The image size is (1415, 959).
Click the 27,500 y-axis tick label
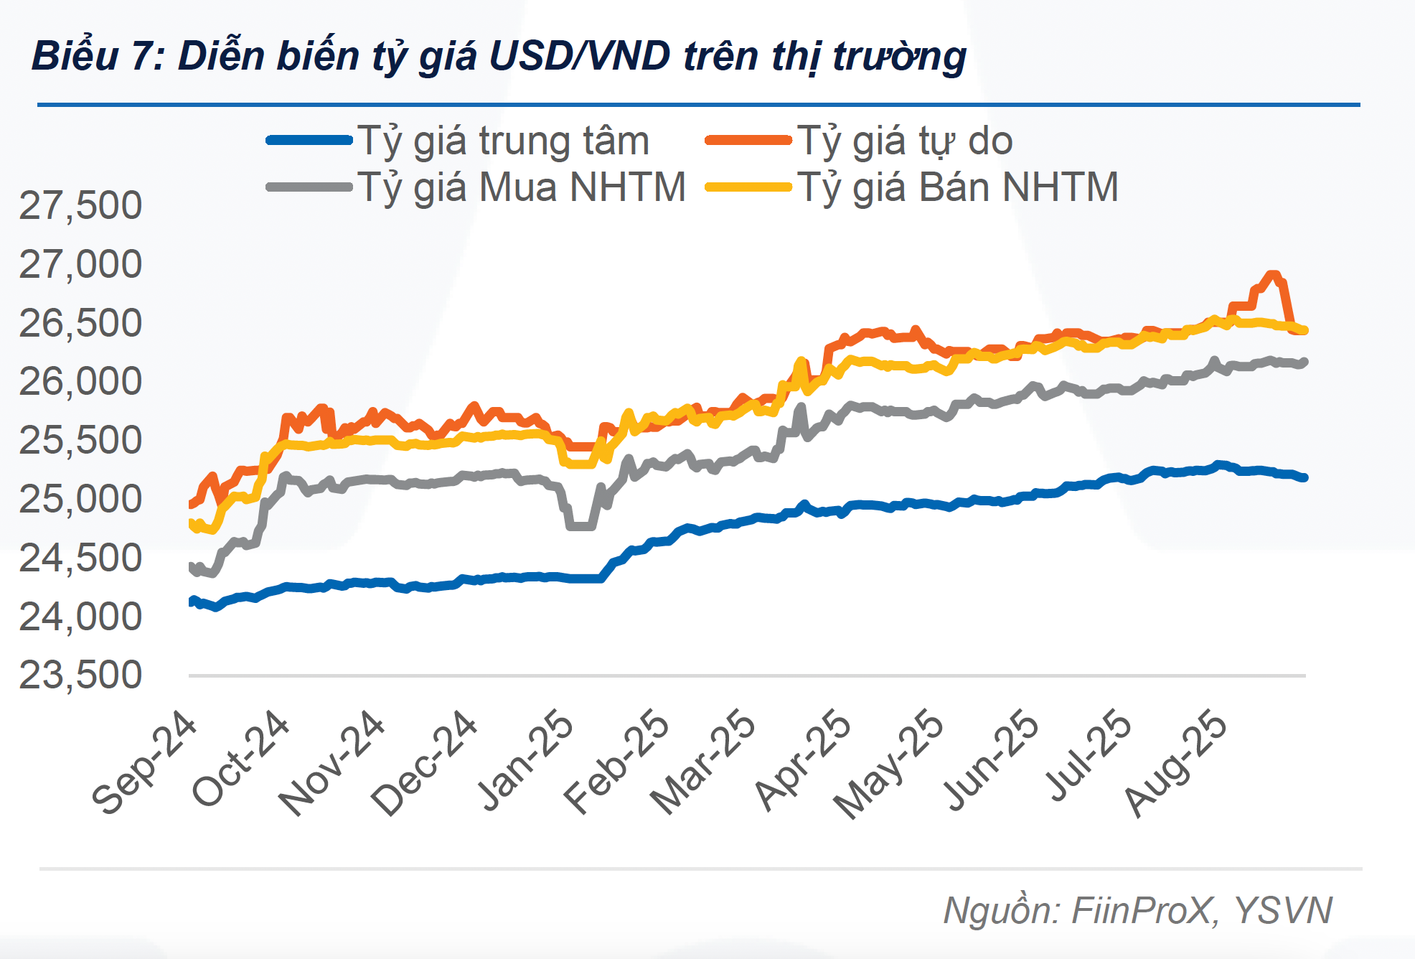click(x=80, y=205)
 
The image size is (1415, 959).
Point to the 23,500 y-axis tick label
click(x=80, y=675)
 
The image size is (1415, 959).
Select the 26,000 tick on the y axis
click(x=80, y=381)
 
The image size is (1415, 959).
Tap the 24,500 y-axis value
click(x=80, y=558)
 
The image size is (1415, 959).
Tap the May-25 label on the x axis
click(x=890, y=764)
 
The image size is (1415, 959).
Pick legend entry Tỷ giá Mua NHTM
click(x=522, y=187)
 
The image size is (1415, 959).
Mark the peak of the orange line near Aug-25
click(x=1273, y=275)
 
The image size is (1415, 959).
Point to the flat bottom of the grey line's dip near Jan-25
click(x=580, y=526)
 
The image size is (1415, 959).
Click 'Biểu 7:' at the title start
click(x=98, y=56)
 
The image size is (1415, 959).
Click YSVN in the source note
click(x=1283, y=910)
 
